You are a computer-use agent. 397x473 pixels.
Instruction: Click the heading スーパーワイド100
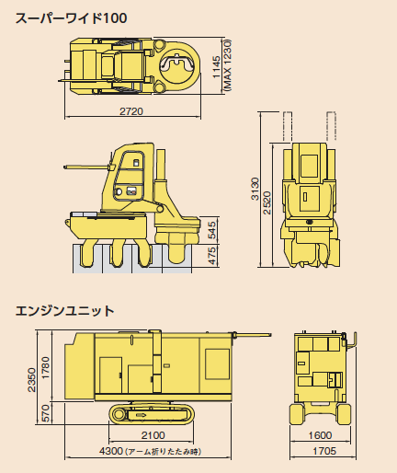coord(71,18)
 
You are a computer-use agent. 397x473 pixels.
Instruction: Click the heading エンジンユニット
coord(64,311)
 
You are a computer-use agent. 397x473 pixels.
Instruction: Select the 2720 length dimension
coord(131,111)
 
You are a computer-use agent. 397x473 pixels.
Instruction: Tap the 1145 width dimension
coord(217,66)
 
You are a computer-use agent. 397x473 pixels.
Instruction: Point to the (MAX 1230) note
coord(228,64)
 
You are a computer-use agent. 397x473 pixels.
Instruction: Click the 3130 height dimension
coord(255,189)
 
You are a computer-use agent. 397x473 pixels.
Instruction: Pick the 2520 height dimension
coord(267,202)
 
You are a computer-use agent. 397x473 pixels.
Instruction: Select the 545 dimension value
coord(212,230)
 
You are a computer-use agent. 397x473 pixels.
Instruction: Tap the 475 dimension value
coord(212,256)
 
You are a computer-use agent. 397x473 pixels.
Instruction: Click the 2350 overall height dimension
coord(31,380)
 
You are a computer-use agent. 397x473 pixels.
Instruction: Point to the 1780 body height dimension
coord(45,367)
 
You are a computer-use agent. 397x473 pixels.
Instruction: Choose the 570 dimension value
coord(45,413)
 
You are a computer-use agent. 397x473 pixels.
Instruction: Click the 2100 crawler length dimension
coord(153,435)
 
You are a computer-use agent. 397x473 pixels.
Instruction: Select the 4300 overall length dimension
coord(111,451)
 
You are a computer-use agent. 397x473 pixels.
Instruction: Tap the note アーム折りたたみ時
coord(164,452)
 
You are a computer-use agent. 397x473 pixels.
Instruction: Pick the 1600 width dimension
coord(320,435)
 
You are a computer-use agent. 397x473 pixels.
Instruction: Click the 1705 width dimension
coord(324,451)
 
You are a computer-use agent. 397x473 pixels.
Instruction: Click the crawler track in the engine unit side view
coord(152,414)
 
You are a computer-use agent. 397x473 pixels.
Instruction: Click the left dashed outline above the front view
coord(288,127)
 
